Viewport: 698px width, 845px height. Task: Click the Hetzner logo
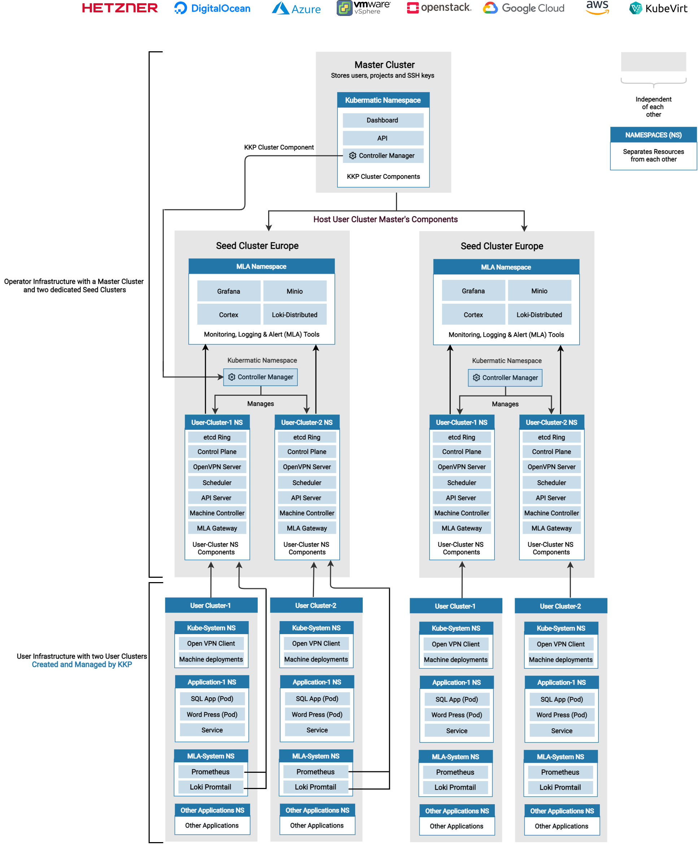(x=120, y=8)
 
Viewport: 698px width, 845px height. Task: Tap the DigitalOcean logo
(x=212, y=8)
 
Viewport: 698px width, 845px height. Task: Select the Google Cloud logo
(x=523, y=8)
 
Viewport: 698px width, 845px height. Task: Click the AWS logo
(x=597, y=7)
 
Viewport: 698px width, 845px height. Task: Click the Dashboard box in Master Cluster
(x=382, y=120)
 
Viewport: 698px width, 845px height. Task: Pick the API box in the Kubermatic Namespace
(x=382, y=138)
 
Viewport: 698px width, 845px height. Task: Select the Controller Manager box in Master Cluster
(x=382, y=156)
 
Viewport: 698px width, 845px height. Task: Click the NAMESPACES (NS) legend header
(x=653, y=135)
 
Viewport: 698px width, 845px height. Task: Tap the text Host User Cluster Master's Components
(x=385, y=219)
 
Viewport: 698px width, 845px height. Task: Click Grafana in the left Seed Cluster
(x=228, y=291)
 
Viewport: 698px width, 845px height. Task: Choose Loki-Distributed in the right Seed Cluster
(x=539, y=315)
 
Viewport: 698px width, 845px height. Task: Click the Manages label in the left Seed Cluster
(x=260, y=403)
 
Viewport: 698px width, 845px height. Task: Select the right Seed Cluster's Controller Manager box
(x=505, y=378)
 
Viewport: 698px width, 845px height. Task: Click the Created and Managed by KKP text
(x=82, y=664)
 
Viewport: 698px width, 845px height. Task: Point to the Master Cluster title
(x=384, y=65)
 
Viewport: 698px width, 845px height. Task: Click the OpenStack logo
(x=439, y=8)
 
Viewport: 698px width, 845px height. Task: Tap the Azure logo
(x=296, y=8)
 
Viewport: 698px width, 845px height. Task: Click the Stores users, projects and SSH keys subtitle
(x=382, y=75)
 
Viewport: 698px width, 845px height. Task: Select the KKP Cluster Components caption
(x=383, y=177)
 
